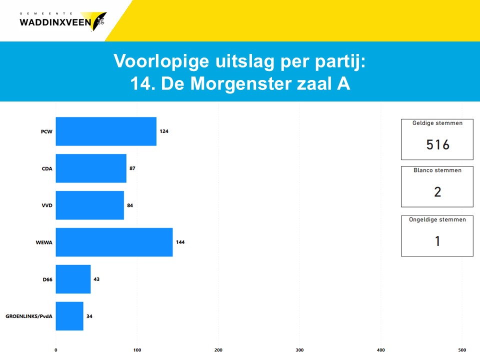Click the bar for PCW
(x=106, y=131)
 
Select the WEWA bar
(x=114, y=242)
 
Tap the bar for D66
(x=73, y=279)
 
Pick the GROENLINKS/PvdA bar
(x=69, y=316)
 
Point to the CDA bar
(x=91, y=168)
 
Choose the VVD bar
(x=89, y=205)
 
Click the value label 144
(x=180, y=242)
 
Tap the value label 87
(x=132, y=168)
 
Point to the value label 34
(x=89, y=316)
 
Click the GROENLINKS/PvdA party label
(x=29, y=316)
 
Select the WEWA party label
(x=44, y=242)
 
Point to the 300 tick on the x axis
(x=299, y=350)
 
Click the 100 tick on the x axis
(x=137, y=350)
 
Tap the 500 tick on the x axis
(x=462, y=350)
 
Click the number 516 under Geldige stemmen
(x=438, y=145)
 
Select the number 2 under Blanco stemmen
(x=438, y=192)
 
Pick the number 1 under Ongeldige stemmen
(x=438, y=241)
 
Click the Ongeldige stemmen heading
(x=437, y=220)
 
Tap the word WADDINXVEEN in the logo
(x=55, y=22)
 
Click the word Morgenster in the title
(x=240, y=83)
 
